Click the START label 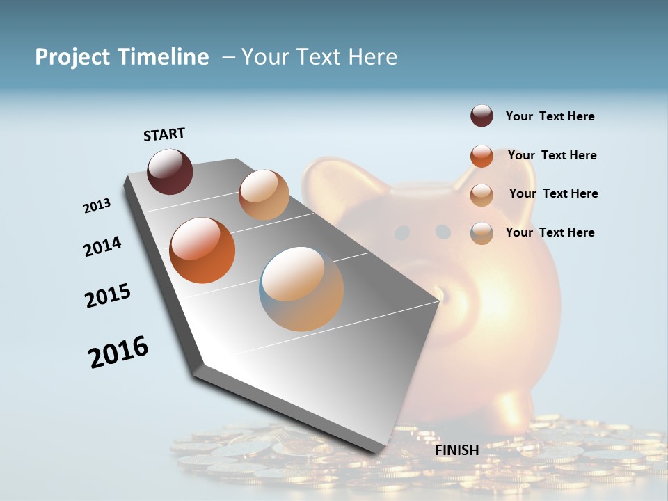coord(164,134)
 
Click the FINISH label coord(456,450)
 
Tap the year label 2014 coord(103,246)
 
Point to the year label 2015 coord(108,296)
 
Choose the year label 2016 coord(118,352)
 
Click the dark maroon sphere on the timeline coord(170,171)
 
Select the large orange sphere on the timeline coord(202,250)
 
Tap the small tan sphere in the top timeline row coord(264,195)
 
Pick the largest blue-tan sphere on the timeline coord(301,289)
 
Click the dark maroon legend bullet coord(482,116)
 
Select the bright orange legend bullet coord(482,156)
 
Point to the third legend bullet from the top coord(482,195)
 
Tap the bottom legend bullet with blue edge coord(482,233)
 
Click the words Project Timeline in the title coord(122,57)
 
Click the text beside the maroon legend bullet coord(550,116)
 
